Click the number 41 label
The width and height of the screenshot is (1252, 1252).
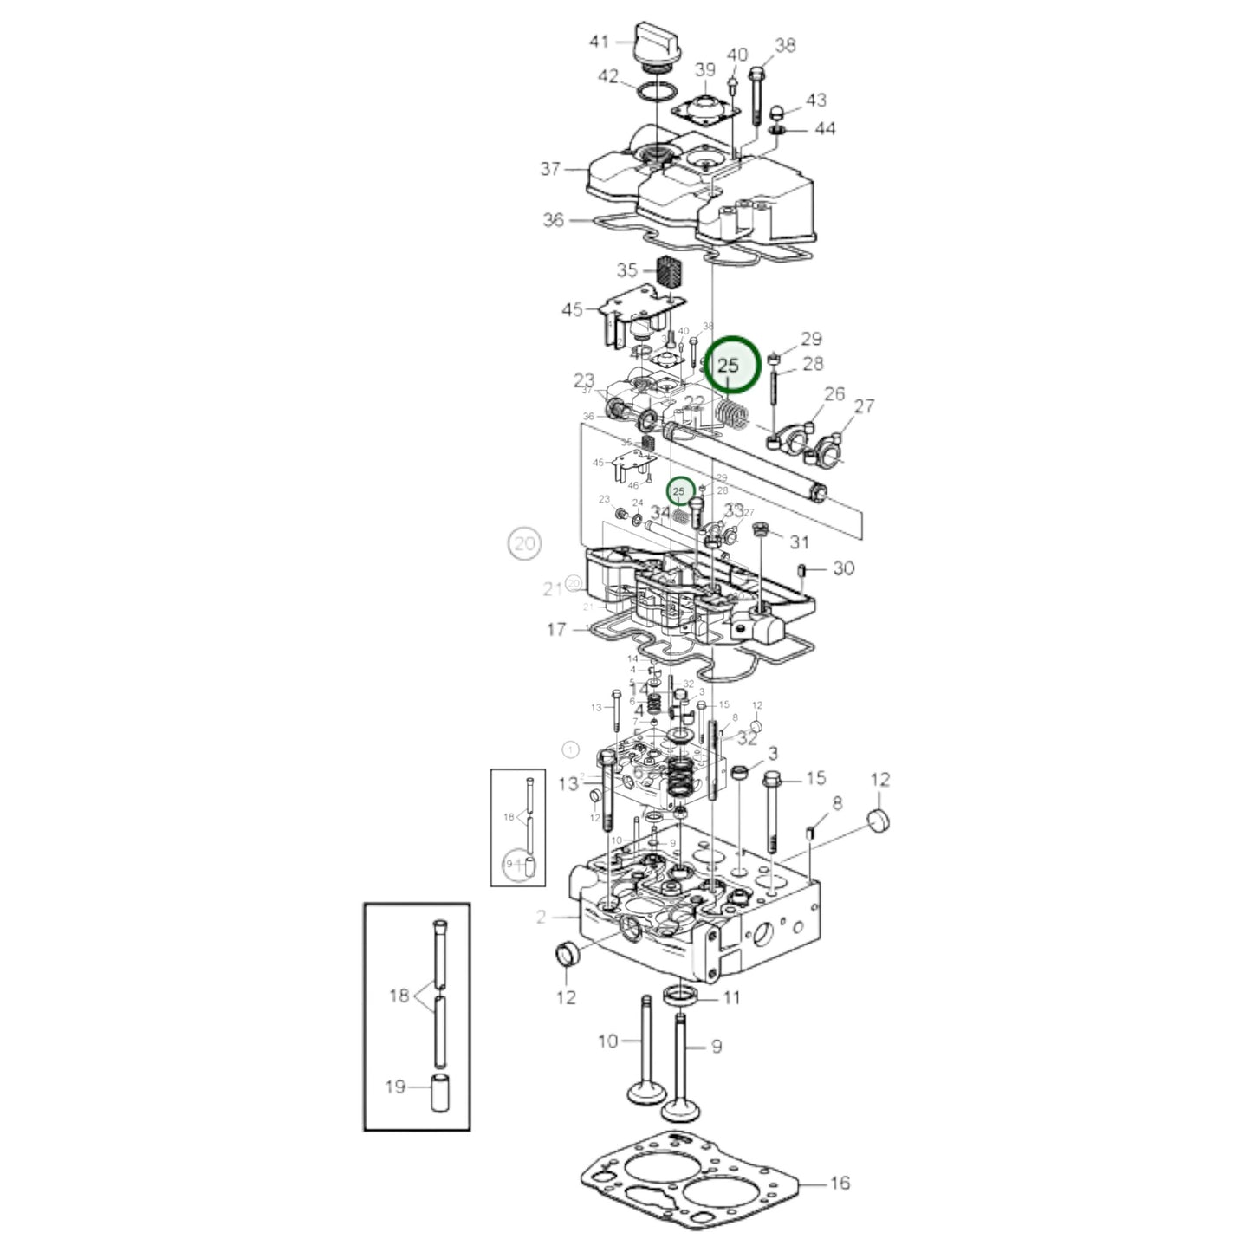click(x=600, y=41)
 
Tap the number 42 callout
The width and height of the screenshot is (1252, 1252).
click(x=608, y=77)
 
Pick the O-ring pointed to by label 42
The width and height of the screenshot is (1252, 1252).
click(x=660, y=93)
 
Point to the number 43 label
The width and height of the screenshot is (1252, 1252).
click(x=816, y=101)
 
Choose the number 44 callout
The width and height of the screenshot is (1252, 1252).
click(x=825, y=128)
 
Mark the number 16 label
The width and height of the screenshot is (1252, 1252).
click(x=840, y=1182)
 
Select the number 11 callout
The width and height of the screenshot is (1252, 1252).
click(x=732, y=997)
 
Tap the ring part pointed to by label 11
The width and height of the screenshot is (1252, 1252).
click(x=680, y=996)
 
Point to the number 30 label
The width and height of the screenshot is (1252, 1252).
click(x=843, y=568)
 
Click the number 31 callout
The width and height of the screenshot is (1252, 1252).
click(x=799, y=542)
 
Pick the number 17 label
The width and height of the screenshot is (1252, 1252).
click(x=556, y=629)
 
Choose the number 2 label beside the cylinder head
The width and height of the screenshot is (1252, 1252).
click(x=542, y=916)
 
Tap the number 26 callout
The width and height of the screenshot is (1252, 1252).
click(x=834, y=394)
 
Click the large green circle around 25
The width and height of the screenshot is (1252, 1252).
click(x=731, y=365)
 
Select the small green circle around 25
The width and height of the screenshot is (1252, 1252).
click(x=680, y=491)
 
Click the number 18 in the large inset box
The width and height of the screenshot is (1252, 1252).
click(x=399, y=996)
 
